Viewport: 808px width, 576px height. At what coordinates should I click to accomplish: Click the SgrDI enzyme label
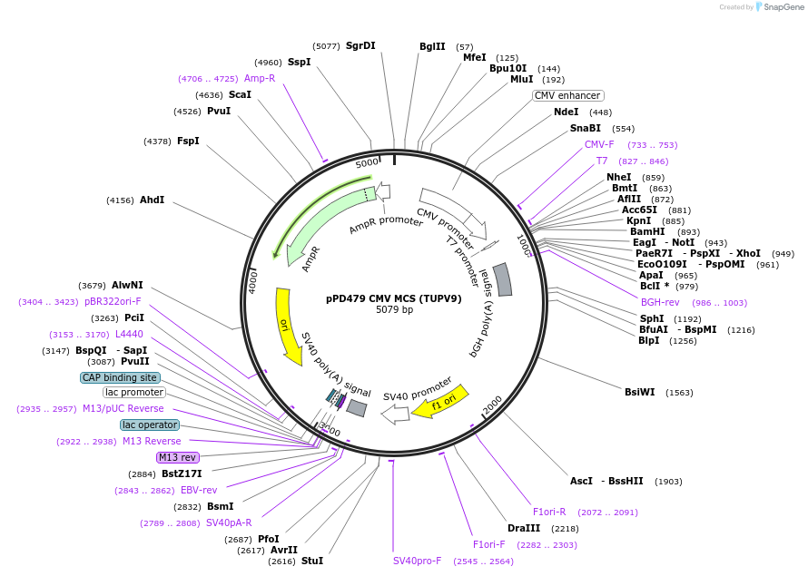point(360,45)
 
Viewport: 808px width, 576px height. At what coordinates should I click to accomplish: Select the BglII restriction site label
point(432,46)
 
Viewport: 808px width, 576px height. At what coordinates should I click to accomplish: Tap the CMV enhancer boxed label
point(567,95)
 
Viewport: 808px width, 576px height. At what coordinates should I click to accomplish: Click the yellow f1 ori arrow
point(440,402)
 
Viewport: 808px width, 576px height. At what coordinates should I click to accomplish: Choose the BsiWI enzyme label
point(639,392)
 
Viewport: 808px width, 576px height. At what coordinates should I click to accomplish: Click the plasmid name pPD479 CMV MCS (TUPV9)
point(394,298)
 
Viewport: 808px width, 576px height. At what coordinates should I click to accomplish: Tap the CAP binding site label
point(120,377)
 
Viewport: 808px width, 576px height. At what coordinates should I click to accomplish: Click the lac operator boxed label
point(150,425)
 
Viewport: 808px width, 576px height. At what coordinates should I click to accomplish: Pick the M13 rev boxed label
point(177,457)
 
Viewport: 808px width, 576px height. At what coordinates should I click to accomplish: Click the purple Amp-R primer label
point(260,78)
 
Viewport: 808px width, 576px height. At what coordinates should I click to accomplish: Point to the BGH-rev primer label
point(660,302)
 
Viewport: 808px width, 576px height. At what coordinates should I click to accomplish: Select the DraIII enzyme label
point(524,528)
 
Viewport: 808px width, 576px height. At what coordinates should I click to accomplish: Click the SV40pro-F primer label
point(417,561)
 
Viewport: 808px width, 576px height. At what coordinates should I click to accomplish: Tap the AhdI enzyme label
point(152,200)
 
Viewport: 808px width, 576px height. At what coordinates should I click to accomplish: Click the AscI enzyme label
point(581,481)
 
